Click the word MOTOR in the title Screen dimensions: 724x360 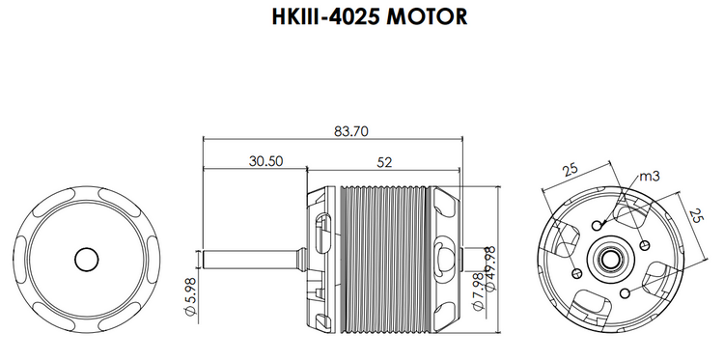[427, 16]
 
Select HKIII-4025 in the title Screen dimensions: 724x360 [326, 16]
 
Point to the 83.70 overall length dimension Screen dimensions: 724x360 [351, 131]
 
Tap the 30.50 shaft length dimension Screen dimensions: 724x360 [265, 161]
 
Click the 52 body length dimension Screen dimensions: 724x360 [384, 162]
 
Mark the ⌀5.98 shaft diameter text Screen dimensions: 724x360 [190, 296]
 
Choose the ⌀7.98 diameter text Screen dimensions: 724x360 [478, 291]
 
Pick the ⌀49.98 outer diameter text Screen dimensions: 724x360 [489, 268]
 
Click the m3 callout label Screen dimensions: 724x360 [650, 176]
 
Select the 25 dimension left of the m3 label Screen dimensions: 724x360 [571, 170]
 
